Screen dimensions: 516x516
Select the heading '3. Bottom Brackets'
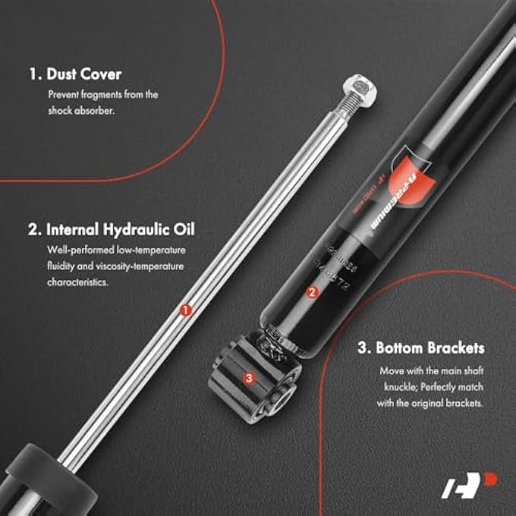coord(422,349)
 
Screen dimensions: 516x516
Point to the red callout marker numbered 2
coord(311,291)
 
